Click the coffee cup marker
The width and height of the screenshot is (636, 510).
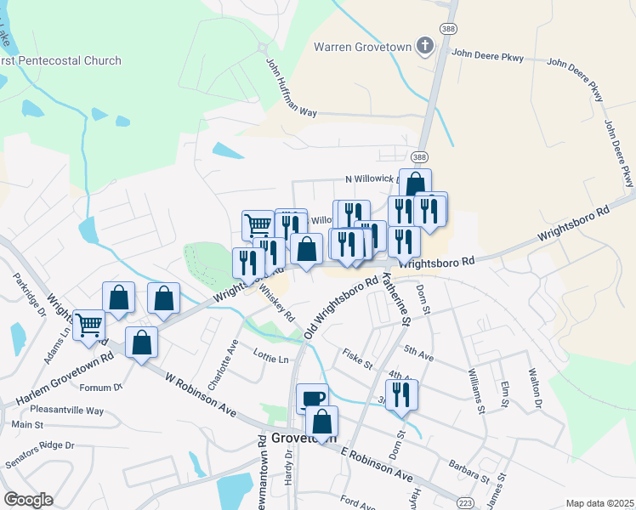[x=312, y=398]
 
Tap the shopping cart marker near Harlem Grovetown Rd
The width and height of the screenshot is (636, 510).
[x=89, y=324]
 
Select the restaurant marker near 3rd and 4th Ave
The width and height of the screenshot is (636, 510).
[x=401, y=394]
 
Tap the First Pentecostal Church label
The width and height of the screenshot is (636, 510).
[x=61, y=60]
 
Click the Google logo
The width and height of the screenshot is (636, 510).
[x=27, y=500]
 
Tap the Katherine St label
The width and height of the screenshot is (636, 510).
[x=395, y=297]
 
